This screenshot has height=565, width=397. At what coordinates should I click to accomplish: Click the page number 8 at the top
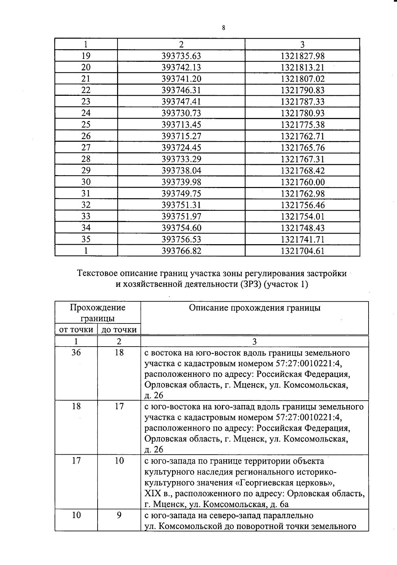(x=224, y=28)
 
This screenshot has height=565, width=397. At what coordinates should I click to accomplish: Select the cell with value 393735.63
(x=181, y=56)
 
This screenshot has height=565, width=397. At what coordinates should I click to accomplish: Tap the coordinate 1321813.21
(x=302, y=67)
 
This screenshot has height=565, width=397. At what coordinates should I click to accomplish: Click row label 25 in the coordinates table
(x=86, y=125)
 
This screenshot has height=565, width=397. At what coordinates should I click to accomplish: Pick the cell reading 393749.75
(x=181, y=193)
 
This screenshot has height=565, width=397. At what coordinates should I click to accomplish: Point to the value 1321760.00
(x=302, y=182)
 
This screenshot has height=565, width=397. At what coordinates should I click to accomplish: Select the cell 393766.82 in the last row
(x=181, y=251)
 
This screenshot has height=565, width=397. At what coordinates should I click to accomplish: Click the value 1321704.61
(x=302, y=251)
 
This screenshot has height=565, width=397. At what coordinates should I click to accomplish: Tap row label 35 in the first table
(x=86, y=239)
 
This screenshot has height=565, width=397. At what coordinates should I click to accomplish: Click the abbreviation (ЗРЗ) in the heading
(x=250, y=284)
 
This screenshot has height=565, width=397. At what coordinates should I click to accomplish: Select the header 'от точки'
(x=76, y=329)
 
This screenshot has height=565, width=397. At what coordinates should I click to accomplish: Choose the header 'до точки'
(x=119, y=329)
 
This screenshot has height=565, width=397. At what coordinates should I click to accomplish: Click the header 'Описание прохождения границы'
(x=254, y=308)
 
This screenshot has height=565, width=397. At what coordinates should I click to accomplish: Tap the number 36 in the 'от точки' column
(x=76, y=353)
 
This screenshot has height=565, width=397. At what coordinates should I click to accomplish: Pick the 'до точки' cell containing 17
(x=119, y=406)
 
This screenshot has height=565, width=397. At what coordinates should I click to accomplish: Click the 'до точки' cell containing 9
(x=119, y=515)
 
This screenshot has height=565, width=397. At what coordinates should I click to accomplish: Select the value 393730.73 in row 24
(x=181, y=113)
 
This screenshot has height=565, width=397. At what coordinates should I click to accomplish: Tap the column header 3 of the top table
(x=302, y=44)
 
